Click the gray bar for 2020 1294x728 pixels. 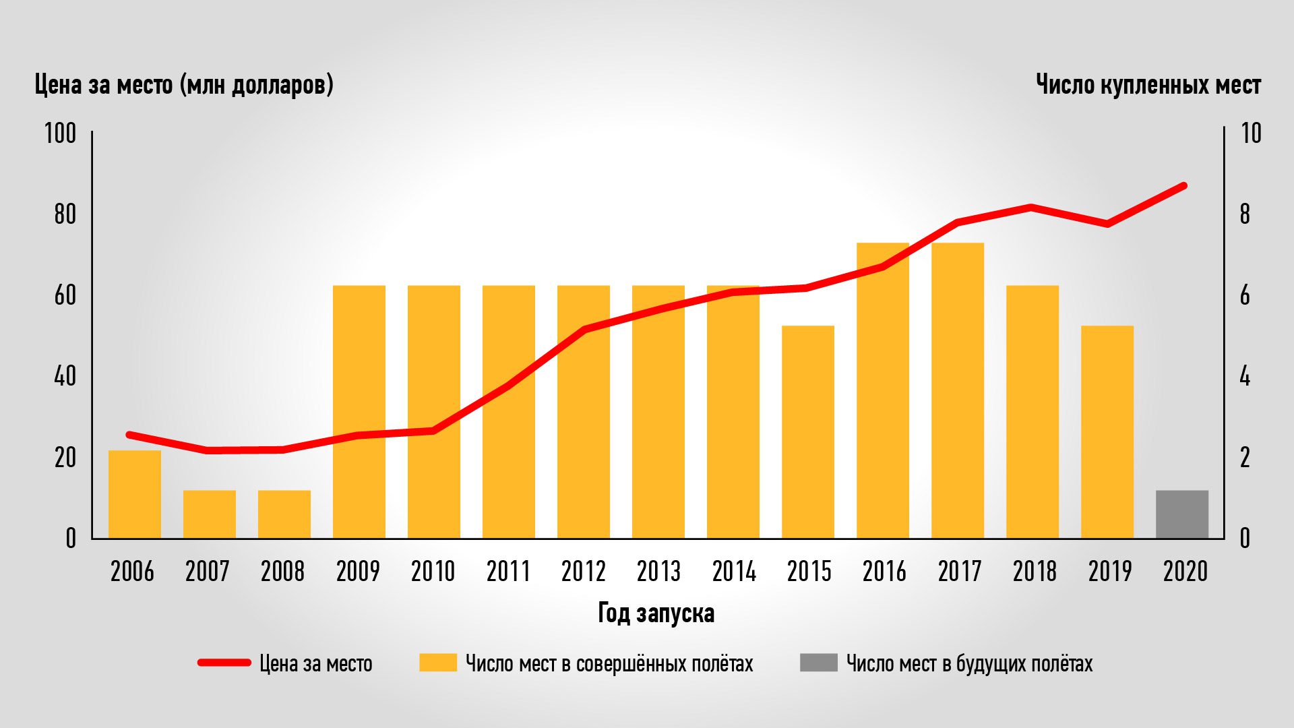(x=1182, y=514)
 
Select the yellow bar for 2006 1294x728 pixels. (x=135, y=494)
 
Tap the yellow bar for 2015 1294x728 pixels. (x=808, y=432)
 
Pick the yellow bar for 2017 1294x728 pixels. (x=958, y=390)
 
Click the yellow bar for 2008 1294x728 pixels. (x=284, y=514)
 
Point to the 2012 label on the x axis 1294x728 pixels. (x=584, y=572)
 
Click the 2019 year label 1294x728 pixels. (x=1110, y=572)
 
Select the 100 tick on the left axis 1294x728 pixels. (x=61, y=133)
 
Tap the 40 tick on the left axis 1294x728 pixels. (x=65, y=376)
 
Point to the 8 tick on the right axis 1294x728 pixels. (x=1244, y=214)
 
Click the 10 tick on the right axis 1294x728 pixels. (x=1250, y=133)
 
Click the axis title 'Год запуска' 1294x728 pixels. (x=656, y=613)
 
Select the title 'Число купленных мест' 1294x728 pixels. (x=1148, y=86)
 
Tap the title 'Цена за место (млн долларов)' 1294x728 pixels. (x=184, y=86)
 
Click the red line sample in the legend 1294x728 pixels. (x=224, y=663)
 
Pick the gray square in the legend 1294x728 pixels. (x=818, y=663)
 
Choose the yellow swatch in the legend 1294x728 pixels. (x=437, y=663)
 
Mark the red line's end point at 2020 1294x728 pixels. (x=1183, y=185)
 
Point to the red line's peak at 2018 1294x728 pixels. (x=1032, y=207)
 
